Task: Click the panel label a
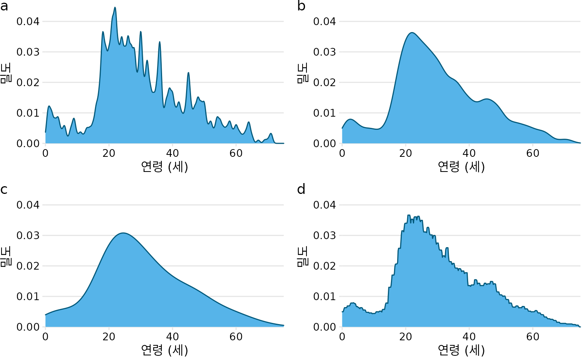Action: point(4,6)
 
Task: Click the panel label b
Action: point(301,6)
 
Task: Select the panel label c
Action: point(4,190)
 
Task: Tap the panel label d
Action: point(301,189)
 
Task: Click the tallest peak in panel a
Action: point(115,7)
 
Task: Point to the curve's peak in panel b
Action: point(412,32)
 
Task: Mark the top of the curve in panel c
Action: point(123,233)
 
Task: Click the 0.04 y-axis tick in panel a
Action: point(28,22)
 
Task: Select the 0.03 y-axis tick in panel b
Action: point(325,52)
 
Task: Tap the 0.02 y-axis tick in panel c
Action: point(28,266)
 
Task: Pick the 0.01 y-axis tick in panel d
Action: point(325,297)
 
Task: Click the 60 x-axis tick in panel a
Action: point(236,153)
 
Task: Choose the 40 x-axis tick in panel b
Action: point(469,153)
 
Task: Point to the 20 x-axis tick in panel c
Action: point(109,337)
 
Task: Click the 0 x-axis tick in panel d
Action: point(342,337)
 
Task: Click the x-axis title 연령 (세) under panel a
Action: point(164,167)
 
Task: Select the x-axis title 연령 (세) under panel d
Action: point(461,350)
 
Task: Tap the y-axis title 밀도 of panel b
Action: point(302,73)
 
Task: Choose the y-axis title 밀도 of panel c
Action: point(5,257)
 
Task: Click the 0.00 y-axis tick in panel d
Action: point(325,327)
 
